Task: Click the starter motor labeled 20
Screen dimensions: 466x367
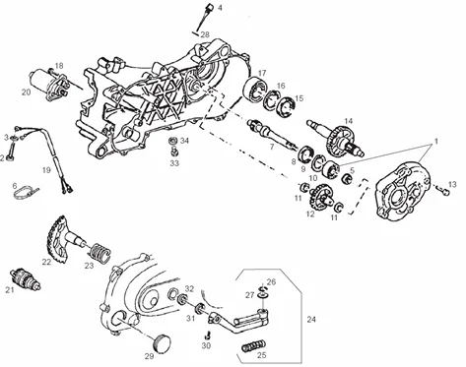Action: pos(49,85)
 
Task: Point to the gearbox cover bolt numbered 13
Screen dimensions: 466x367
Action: pos(443,190)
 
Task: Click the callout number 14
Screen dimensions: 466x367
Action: pos(348,121)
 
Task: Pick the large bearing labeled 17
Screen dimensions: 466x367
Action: pos(255,89)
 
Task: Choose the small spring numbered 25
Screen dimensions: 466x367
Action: pos(253,346)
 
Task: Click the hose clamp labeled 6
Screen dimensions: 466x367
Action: pos(26,192)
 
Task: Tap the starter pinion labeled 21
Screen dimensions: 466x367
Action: pos(26,278)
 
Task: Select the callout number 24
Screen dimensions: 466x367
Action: pos(311,319)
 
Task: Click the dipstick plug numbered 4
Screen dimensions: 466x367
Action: pos(205,17)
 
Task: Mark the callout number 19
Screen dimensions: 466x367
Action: pos(46,170)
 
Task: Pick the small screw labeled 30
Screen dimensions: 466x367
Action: pos(207,336)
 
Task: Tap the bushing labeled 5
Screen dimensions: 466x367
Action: pos(347,179)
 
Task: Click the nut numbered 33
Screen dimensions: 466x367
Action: pos(174,152)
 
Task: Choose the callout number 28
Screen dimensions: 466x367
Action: pos(205,34)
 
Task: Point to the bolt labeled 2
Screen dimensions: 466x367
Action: pos(10,153)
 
